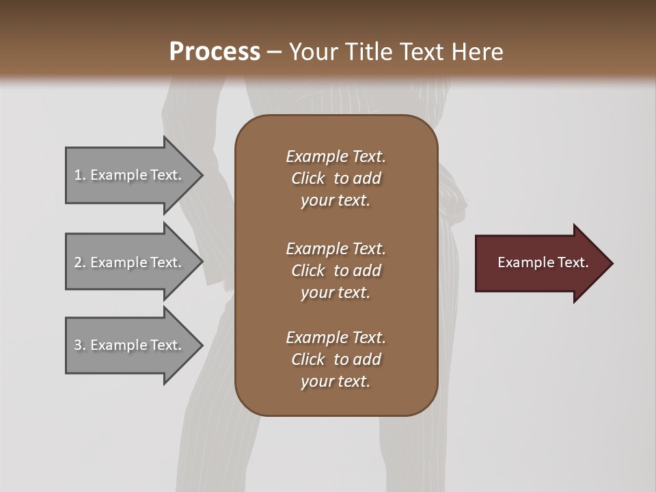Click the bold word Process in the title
tap(215, 52)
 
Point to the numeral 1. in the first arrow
tap(79, 175)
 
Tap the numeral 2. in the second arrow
tap(79, 262)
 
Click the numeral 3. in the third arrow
tap(79, 345)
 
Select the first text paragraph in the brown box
tap(336, 178)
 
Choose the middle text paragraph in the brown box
tap(336, 271)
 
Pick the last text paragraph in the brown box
tap(336, 359)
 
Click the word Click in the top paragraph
tap(308, 178)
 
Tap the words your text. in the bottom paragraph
tap(336, 382)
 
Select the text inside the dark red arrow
tap(543, 262)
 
